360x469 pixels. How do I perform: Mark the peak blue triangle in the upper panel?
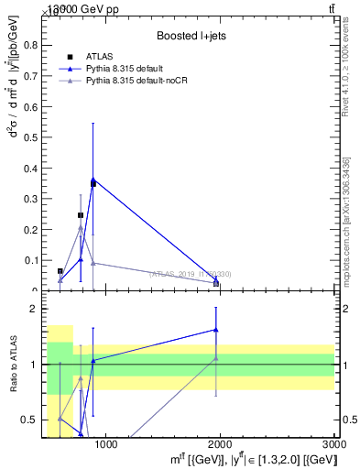tap(93, 180)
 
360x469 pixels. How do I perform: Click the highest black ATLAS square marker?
tap(93, 184)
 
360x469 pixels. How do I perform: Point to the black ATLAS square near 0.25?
tap(81, 215)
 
